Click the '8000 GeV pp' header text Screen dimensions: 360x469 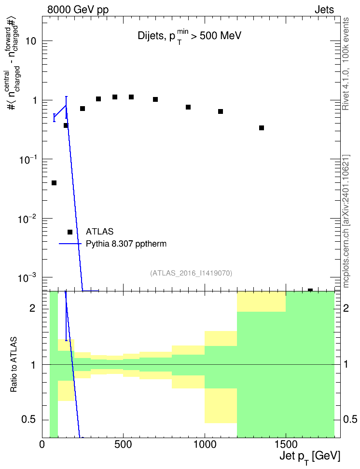pos(78,10)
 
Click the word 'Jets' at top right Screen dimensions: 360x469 pos(324,10)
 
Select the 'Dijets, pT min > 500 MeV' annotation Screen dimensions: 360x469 pos(189,37)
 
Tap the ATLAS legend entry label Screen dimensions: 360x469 pos(99,232)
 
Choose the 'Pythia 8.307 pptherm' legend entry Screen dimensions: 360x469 pos(126,244)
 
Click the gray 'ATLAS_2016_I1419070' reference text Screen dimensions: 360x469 pos(191,273)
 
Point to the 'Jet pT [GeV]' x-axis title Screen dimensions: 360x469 pos(310,457)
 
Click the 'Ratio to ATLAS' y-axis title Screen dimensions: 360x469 pos(13,364)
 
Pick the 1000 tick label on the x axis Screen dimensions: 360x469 pos(205,444)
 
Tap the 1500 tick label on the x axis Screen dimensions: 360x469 pos(286,444)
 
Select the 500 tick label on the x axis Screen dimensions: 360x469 pos(123,444)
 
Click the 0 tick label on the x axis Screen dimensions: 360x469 pos(42,444)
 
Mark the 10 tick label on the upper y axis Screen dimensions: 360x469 pos(31,41)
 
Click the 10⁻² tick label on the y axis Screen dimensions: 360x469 pos(27,219)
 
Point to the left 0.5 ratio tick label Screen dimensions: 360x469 pos(28,420)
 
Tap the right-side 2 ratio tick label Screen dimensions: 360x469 pos(346,308)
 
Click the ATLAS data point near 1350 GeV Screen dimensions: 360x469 pos(261,128)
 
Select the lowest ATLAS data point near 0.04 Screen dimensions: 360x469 pos(54,183)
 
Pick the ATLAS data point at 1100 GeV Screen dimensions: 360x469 pos(221,111)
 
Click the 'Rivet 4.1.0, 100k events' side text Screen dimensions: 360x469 pos(346,64)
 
